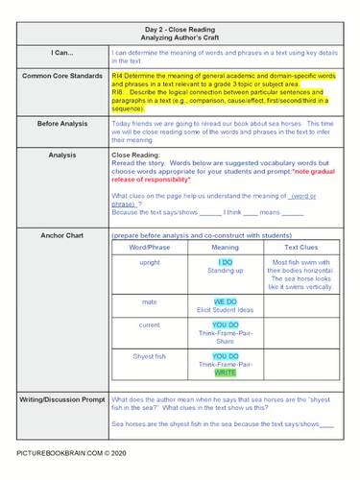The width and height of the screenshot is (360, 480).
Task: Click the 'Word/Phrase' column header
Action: (150, 248)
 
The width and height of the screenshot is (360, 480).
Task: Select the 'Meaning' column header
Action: (225, 248)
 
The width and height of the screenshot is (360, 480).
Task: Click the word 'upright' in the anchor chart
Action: (150, 262)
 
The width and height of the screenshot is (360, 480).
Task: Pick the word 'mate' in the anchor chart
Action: (150, 301)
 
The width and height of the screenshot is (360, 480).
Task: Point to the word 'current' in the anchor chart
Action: (150, 324)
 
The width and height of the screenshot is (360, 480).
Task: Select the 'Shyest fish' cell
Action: (150, 356)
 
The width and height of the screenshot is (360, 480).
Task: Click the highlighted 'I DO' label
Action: (225, 262)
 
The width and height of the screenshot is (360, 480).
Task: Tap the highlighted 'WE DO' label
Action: (225, 301)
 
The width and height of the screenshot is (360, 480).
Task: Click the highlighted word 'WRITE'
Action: (225, 372)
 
